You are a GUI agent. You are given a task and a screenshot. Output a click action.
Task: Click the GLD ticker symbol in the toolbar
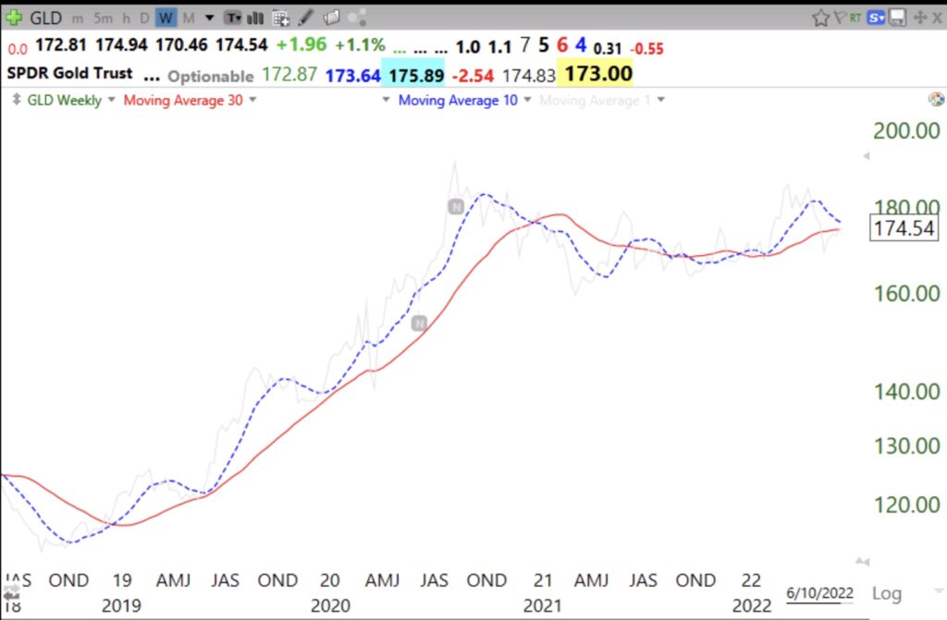(x=45, y=18)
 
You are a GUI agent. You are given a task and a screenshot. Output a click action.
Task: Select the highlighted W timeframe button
(x=166, y=18)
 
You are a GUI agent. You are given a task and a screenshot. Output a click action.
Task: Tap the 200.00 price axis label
(x=906, y=130)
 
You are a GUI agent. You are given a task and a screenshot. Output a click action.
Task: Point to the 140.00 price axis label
(x=906, y=391)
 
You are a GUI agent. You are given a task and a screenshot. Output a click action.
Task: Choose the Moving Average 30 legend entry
(x=183, y=100)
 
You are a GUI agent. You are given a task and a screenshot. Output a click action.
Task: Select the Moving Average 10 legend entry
(x=458, y=100)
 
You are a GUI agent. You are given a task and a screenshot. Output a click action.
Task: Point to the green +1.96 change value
(x=301, y=45)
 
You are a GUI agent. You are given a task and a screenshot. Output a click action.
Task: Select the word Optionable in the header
(x=211, y=76)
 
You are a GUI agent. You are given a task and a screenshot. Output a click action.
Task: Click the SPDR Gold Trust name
(x=70, y=73)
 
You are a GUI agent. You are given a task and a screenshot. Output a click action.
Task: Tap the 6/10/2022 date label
(x=819, y=592)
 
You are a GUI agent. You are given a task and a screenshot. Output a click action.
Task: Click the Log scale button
(x=887, y=593)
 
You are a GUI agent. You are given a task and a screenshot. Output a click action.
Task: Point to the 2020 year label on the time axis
(x=330, y=604)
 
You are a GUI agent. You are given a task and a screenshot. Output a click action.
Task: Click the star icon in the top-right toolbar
(x=820, y=18)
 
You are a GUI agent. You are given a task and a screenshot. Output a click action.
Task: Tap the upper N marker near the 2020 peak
(x=455, y=207)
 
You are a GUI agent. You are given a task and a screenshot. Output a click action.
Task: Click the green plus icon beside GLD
(x=14, y=18)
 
